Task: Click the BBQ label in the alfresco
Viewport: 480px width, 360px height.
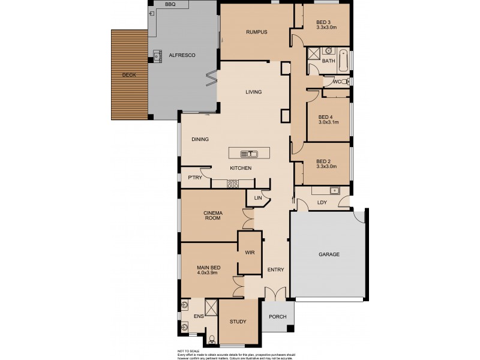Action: pyautogui.click(x=170, y=4)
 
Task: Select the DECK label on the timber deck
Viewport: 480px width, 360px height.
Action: pyautogui.click(x=128, y=75)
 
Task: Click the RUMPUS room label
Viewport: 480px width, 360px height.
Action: pyautogui.click(x=256, y=32)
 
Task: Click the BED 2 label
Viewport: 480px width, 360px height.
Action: pyautogui.click(x=323, y=161)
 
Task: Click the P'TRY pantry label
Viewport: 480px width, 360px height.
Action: pyautogui.click(x=194, y=178)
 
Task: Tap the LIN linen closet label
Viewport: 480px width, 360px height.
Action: pyautogui.click(x=259, y=197)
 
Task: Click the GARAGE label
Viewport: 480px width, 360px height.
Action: pyautogui.click(x=328, y=254)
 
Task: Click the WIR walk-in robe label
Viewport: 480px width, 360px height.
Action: pyautogui.click(x=250, y=253)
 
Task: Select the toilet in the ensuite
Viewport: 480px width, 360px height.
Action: pyautogui.click(x=211, y=340)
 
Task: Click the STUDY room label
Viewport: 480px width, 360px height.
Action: pyautogui.click(x=238, y=322)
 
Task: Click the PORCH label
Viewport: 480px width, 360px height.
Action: pyautogui.click(x=277, y=317)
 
